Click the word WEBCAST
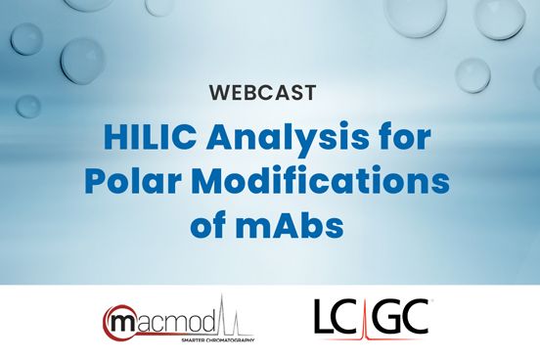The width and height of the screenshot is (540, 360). pyautogui.click(x=270, y=94)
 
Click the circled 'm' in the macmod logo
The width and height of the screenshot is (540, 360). pyautogui.click(x=122, y=321)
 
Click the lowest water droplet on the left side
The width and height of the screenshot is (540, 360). pyautogui.click(x=28, y=105)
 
